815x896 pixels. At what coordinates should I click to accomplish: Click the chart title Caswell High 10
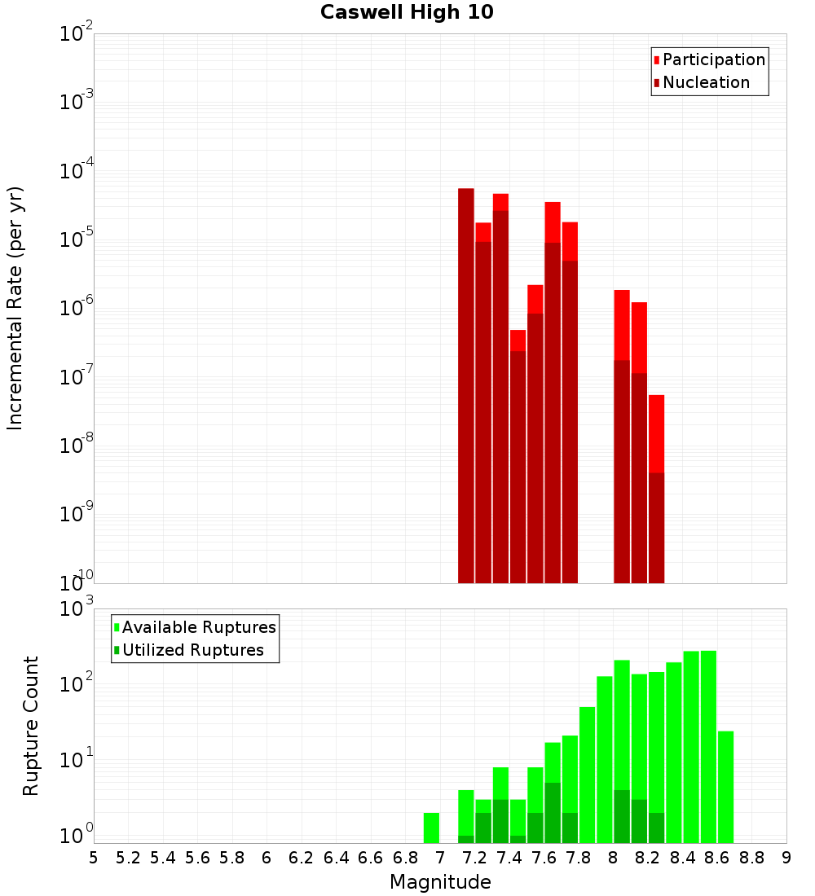pyautogui.click(x=407, y=12)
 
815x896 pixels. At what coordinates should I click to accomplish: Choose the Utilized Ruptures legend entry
pyautogui.click(x=192, y=650)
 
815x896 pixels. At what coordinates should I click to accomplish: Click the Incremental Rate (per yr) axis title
pyautogui.click(x=15, y=308)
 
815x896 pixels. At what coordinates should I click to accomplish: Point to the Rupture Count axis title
pyautogui.click(x=31, y=725)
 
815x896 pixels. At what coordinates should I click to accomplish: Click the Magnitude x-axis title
pyautogui.click(x=440, y=881)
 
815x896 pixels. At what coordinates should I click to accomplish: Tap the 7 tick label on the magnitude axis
pyautogui.click(x=440, y=857)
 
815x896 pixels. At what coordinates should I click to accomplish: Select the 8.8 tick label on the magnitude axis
pyautogui.click(x=751, y=857)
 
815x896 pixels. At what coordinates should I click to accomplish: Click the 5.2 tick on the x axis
pyautogui.click(x=128, y=857)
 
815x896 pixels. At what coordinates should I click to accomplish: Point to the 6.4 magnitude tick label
pyautogui.click(x=336, y=857)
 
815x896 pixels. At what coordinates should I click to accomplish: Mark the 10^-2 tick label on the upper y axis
pyautogui.click(x=76, y=34)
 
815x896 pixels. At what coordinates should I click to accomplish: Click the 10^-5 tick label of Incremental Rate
pyautogui.click(x=76, y=240)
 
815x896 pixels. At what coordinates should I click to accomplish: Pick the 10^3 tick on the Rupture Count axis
pyautogui.click(x=76, y=609)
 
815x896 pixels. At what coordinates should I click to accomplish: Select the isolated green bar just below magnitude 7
pyautogui.click(x=431, y=828)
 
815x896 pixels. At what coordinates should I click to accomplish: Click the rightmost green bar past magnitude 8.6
pyautogui.click(x=725, y=787)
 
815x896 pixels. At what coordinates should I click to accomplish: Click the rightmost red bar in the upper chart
pyautogui.click(x=656, y=489)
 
